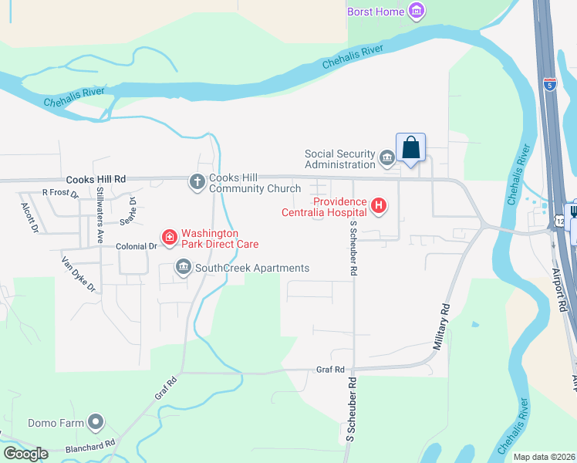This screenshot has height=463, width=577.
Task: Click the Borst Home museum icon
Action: [417, 11]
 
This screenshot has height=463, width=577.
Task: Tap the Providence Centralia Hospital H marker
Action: [379, 205]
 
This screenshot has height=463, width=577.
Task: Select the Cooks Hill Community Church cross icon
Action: [197, 182]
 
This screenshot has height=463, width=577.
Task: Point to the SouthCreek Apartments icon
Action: [184, 268]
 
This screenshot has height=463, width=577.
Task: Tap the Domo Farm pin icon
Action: [95, 422]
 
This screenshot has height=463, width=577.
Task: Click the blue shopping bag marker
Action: [411, 147]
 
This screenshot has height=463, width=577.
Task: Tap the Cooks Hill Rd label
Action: [96, 179]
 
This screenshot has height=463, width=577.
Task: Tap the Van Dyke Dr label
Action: [79, 275]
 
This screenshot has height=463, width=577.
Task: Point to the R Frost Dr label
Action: [60, 193]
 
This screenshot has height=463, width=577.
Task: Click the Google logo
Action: [25, 454]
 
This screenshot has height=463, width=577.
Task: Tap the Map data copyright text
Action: [544, 457]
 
